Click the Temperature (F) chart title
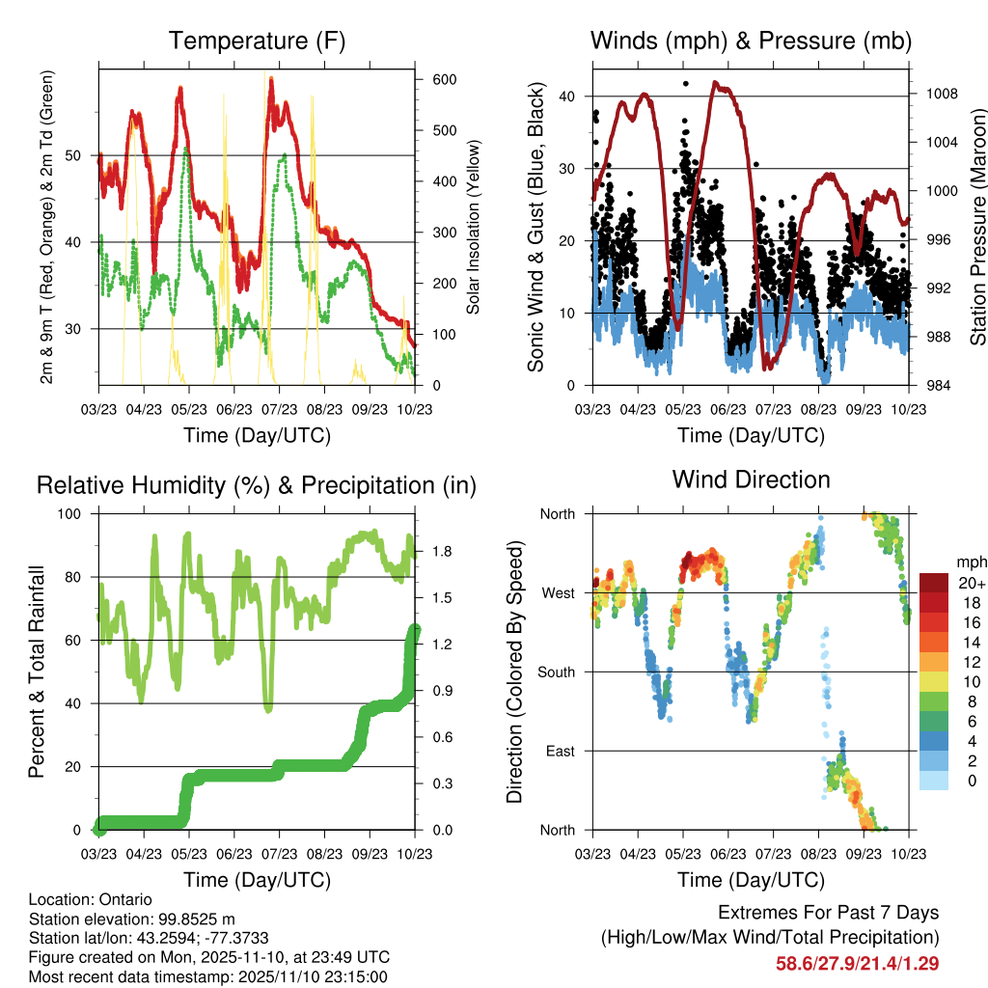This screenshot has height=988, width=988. (257, 41)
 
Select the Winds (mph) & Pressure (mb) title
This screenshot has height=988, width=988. (751, 41)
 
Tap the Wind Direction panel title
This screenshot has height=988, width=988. (751, 480)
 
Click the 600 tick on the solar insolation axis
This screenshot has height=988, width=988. (444, 80)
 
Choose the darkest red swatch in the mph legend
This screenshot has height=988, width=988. (933, 583)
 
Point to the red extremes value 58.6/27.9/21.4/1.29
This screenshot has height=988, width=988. (857, 963)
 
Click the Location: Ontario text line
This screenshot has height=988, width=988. (91, 900)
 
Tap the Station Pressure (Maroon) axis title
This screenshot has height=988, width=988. (977, 227)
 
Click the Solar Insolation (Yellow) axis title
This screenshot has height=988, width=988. (475, 227)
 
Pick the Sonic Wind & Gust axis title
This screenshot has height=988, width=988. (536, 227)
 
